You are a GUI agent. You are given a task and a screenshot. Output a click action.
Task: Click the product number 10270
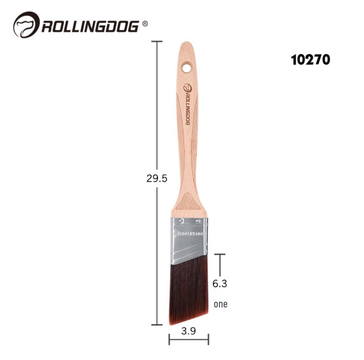(310, 60)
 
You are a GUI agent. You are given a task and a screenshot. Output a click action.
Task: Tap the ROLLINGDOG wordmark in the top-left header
(90, 26)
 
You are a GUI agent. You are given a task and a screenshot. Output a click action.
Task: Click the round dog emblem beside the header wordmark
(26, 25)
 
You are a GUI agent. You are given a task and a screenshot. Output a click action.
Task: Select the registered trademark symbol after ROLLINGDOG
(145, 23)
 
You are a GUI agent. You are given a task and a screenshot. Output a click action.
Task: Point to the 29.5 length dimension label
(157, 178)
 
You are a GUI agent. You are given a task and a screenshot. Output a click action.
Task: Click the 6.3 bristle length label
(219, 284)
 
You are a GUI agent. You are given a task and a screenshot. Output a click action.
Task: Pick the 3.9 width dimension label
(188, 331)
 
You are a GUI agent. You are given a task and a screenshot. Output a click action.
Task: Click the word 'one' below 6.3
(220, 304)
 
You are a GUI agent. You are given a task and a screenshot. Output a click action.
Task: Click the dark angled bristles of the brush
(188, 290)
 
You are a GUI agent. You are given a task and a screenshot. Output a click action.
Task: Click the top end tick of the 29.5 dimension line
(157, 41)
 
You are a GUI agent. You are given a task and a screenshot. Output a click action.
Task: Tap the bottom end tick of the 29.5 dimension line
(157, 325)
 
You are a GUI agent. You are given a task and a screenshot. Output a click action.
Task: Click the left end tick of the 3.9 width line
(169, 339)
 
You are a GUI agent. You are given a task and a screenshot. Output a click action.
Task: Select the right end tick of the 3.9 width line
(208, 339)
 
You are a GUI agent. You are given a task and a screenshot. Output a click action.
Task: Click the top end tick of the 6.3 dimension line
(220, 254)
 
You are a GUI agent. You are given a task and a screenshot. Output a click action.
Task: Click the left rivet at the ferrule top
(181, 221)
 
